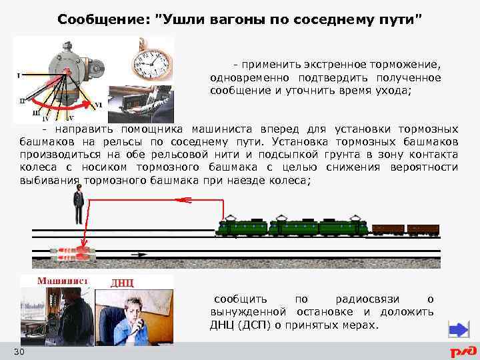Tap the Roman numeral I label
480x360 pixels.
(x=18, y=75)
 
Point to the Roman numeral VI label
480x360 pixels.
(x=99, y=105)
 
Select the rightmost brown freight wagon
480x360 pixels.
(x=423, y=229)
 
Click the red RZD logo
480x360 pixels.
(x=463, y=351)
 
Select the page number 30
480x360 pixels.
(x=19, y=351)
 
